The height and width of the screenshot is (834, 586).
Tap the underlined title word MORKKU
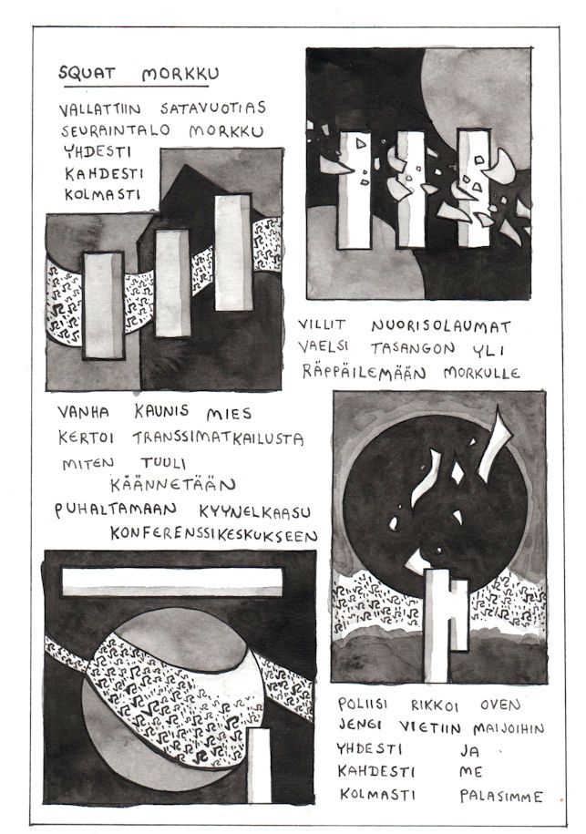(180, 75)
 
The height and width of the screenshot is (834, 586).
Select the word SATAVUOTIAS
(212, 108)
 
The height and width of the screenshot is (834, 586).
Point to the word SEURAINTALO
(116, 130)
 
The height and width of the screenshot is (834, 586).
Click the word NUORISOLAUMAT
(441, 326)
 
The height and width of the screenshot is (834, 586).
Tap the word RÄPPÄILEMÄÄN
(365, 371)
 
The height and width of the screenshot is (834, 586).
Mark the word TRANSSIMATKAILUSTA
(218, 438)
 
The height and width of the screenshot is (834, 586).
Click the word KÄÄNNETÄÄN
(173, 485)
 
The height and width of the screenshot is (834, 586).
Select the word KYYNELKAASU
(255, 512)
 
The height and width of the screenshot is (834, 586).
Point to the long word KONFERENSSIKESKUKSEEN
(214, 534)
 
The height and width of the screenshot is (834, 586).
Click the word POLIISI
(363, 705)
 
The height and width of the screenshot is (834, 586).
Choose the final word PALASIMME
(501, 797)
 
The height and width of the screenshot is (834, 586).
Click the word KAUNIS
(161, 410)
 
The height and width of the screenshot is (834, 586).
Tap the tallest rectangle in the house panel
(232, 252)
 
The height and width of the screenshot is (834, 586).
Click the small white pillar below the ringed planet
(260, 765)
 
